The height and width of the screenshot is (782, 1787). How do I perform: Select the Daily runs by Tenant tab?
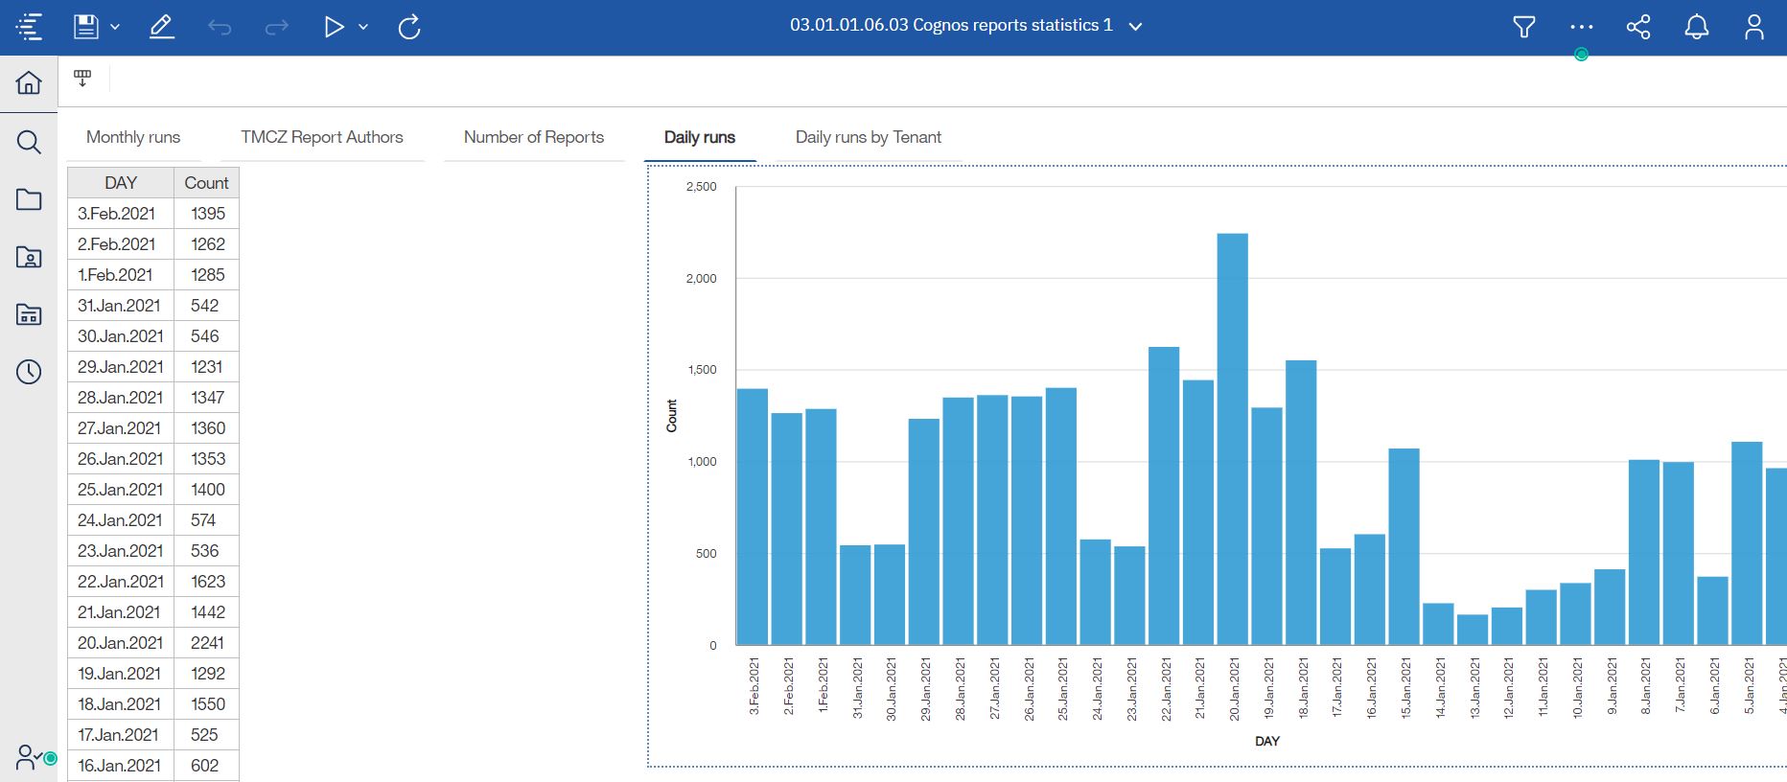[868, 137]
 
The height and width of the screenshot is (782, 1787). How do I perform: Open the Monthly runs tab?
[133, 137]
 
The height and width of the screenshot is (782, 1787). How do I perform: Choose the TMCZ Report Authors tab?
[321, 137]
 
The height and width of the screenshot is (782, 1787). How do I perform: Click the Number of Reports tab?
[534, 137]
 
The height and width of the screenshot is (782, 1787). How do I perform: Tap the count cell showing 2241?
[207, 643]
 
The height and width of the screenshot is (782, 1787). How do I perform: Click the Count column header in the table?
[206, 183]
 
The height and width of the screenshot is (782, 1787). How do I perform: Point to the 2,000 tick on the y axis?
[701, 278]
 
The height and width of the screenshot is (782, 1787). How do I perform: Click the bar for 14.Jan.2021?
[1438, 624]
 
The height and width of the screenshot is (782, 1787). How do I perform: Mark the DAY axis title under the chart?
[1266, 741]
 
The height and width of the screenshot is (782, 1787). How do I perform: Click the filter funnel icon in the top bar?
[1523, 27]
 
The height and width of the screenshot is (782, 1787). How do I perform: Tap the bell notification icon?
[1696, 27]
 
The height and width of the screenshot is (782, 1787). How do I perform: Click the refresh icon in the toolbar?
[409, 27]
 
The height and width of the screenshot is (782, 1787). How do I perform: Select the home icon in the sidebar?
[29, 83]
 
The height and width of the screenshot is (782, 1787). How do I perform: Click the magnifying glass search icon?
[29, 142]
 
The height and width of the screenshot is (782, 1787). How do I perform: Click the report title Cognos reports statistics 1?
[951, 26]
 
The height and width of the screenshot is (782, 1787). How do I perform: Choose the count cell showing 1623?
[207, 582]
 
